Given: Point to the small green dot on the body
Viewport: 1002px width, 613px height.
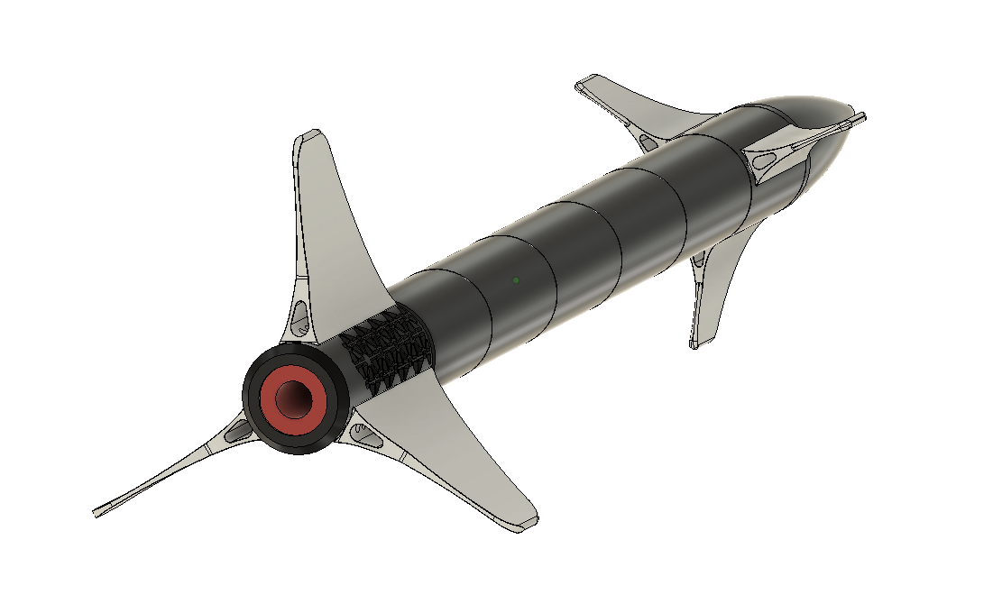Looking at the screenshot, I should (516, 279).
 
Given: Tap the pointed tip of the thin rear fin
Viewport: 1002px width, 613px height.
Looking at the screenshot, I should (97, 514).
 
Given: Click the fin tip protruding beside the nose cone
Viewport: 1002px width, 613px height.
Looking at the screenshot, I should (860, 116).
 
